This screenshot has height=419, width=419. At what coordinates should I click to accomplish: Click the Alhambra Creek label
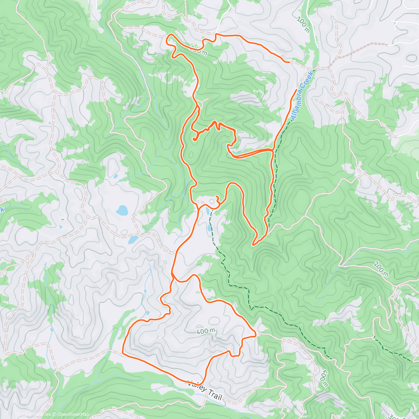click(x=303, y=95)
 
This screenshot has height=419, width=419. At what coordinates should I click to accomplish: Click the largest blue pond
click(x=122, y=211)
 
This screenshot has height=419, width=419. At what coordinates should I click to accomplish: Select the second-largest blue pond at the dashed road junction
click(x=133, y=240)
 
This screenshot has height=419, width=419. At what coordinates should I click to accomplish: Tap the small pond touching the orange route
click(x=208, y=212)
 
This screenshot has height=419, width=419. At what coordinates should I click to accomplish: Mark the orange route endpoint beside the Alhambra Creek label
click(x=296, y=90)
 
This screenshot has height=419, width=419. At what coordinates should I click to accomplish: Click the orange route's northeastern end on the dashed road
click(x=289, y=62)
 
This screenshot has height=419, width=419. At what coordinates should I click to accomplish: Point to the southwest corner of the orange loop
click(x=123, y=353)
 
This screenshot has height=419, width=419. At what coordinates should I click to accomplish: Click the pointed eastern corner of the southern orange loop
click(x=256, y=335)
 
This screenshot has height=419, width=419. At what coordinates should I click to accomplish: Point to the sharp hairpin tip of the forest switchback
click(x=253, y=245)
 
